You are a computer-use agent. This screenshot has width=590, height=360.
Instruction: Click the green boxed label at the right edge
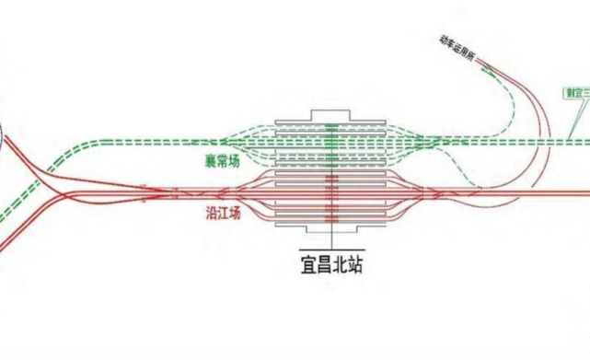coord(577,92)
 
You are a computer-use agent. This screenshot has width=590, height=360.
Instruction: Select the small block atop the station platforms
coord(332,114)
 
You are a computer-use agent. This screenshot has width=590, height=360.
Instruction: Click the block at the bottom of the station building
coord(332,225)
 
